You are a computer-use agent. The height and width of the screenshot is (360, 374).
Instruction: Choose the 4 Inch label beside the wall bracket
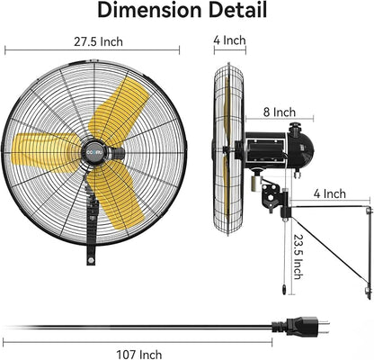click(x=330, y=193)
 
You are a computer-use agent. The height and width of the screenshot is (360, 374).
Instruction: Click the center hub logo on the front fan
click(x=96, y=155)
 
